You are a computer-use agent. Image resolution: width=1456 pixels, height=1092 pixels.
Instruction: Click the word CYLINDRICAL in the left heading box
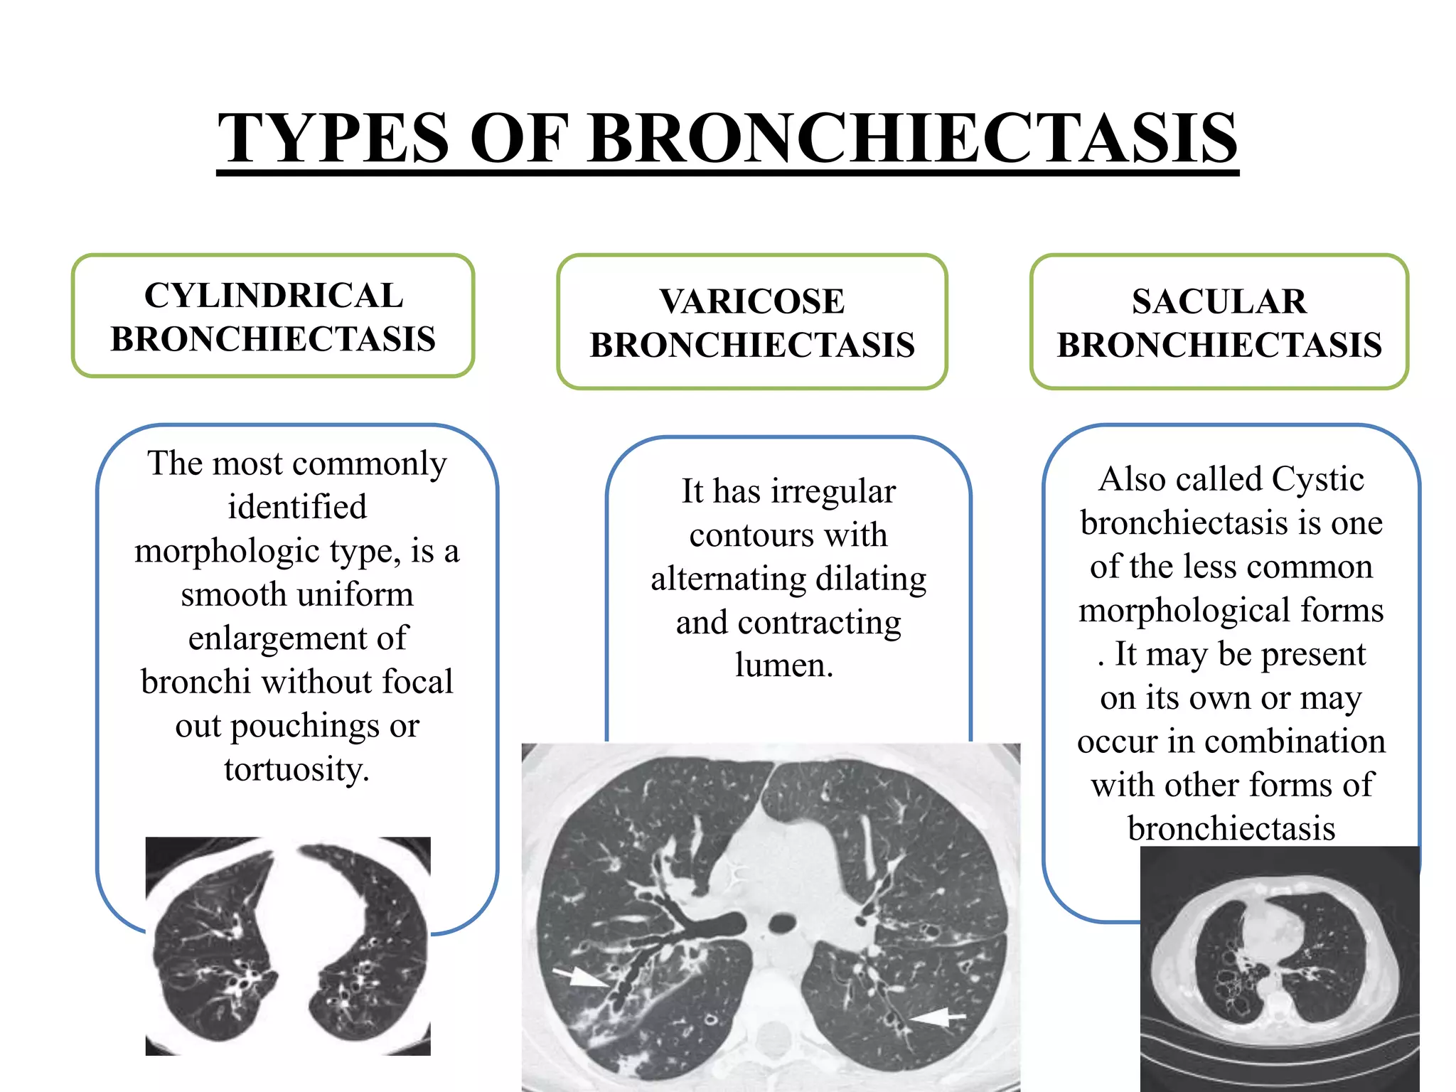(274, 296)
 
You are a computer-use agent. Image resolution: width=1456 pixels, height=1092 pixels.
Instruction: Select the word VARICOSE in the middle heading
(752, 301)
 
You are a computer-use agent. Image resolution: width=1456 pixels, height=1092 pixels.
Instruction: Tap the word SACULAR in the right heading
(1219, 301)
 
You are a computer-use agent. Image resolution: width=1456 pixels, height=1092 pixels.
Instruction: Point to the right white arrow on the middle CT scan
(937, 1017)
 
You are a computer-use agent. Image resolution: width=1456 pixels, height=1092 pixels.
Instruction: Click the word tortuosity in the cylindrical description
(296, 769)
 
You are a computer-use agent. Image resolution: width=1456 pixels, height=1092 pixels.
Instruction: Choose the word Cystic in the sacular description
(1317, 479)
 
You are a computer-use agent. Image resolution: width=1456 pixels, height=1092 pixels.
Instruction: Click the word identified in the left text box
(297, 507)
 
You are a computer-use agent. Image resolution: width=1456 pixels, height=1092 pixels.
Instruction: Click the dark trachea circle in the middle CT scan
(782, 924)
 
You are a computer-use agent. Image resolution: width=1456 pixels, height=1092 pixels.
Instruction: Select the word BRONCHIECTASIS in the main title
(913, 138)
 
